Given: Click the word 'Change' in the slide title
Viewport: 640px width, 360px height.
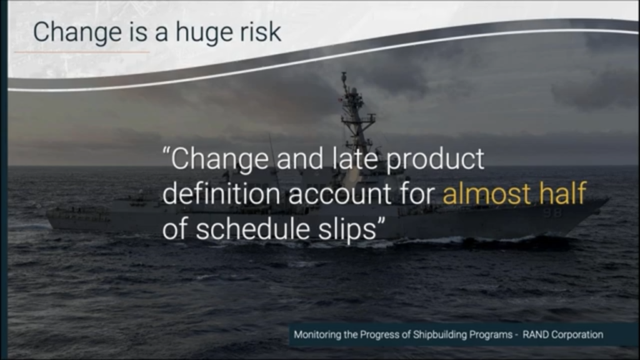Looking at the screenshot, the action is pyautogui.click(x=77, y=32).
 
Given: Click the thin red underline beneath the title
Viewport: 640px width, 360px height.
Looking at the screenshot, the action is pyautogui.click(x=82, y=52).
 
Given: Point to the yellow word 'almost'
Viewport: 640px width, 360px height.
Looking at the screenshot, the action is pyautogui.click(x=486, y=193).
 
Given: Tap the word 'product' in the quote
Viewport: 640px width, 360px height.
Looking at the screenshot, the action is pyautogui.click(x=435, y=160).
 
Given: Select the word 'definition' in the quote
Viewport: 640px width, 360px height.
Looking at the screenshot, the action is pyautogui.click(x=221, y=193).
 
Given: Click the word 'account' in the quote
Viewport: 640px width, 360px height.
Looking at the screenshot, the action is pyautogui.click(x=340, y=194).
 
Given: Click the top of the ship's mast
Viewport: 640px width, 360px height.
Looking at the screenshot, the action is pyautogui.click(x=344, y=73).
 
